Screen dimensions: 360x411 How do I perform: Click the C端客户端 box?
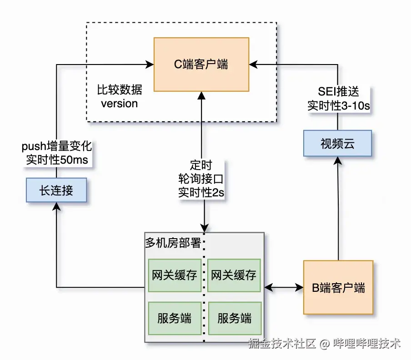pyautogui.click(x=201, y=65)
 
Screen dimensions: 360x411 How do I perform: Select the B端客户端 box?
pyautogui.click(x=338, y=287)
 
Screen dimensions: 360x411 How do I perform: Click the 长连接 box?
pyautogui.click(x=56, y=190)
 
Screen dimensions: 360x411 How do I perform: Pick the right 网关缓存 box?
pyautogui.click(x=234, y=275)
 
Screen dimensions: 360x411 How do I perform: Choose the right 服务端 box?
pyautogui.click(x=234, y=318)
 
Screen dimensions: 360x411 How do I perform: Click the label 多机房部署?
pyautogui.click(x=173, y=243)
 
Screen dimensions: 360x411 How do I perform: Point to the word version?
pyautogui.click(x=119, y=104)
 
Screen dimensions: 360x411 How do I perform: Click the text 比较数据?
pyautogui.click(x=119, y=90)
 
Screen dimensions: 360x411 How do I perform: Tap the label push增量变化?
pyautogui.click(x=56, y=147)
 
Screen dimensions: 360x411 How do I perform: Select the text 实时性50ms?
pyautogui.click(x=56, y=160)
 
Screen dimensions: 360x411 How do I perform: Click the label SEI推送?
pyautogui.click(x=338, y=92)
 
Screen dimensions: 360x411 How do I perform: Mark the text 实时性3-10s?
pyautogui.click(x=338, y=105)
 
